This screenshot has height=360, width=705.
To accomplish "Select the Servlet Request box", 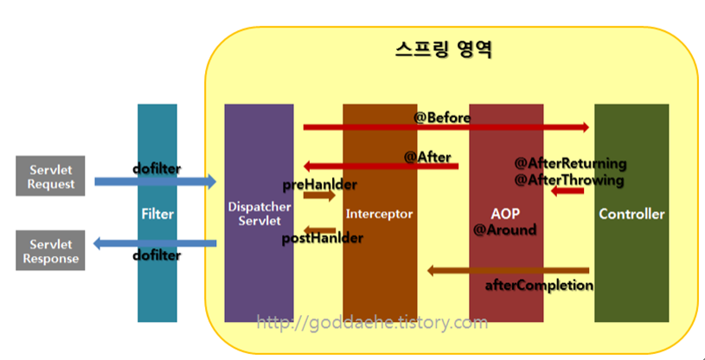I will (51, 177).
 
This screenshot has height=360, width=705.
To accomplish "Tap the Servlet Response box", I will (51, 252).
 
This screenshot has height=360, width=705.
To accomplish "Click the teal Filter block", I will (157, 213).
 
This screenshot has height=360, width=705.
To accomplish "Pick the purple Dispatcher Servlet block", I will (259, 213).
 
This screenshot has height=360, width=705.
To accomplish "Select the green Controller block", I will (631, 213).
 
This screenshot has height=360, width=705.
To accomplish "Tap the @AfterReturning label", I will (570, 164).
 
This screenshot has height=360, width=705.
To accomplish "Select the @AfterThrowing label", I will (569, 180).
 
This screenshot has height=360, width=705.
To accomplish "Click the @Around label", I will (505, 230).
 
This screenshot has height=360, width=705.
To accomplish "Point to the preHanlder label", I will (320, 184).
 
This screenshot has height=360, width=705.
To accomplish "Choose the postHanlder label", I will (321, 239).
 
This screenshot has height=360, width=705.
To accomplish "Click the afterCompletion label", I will (539, 285).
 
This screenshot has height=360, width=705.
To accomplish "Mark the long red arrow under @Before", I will (445, 128).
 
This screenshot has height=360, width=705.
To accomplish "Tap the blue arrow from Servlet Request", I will (155, 182).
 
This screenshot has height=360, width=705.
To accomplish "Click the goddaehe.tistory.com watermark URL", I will (373, 323).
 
